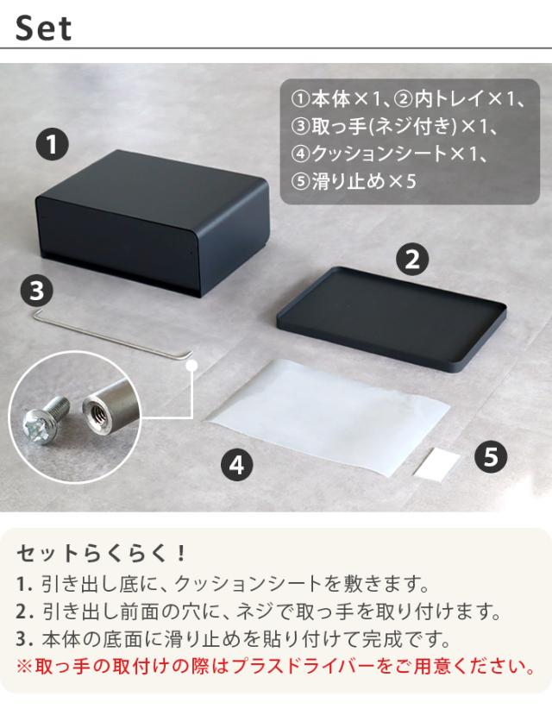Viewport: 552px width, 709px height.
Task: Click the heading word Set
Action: (x=44, y=28)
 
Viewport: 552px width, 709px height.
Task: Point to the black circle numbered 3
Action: (x=35, y=290)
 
